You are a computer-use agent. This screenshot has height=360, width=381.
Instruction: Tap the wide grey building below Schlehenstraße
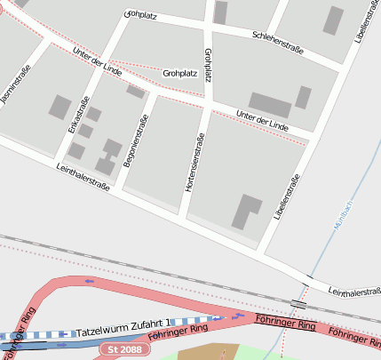[x=270, y=105]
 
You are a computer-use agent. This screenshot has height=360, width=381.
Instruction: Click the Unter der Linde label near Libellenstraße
[x=263, y=118]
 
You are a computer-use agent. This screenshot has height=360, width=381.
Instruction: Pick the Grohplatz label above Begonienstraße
[x=179, y=73]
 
